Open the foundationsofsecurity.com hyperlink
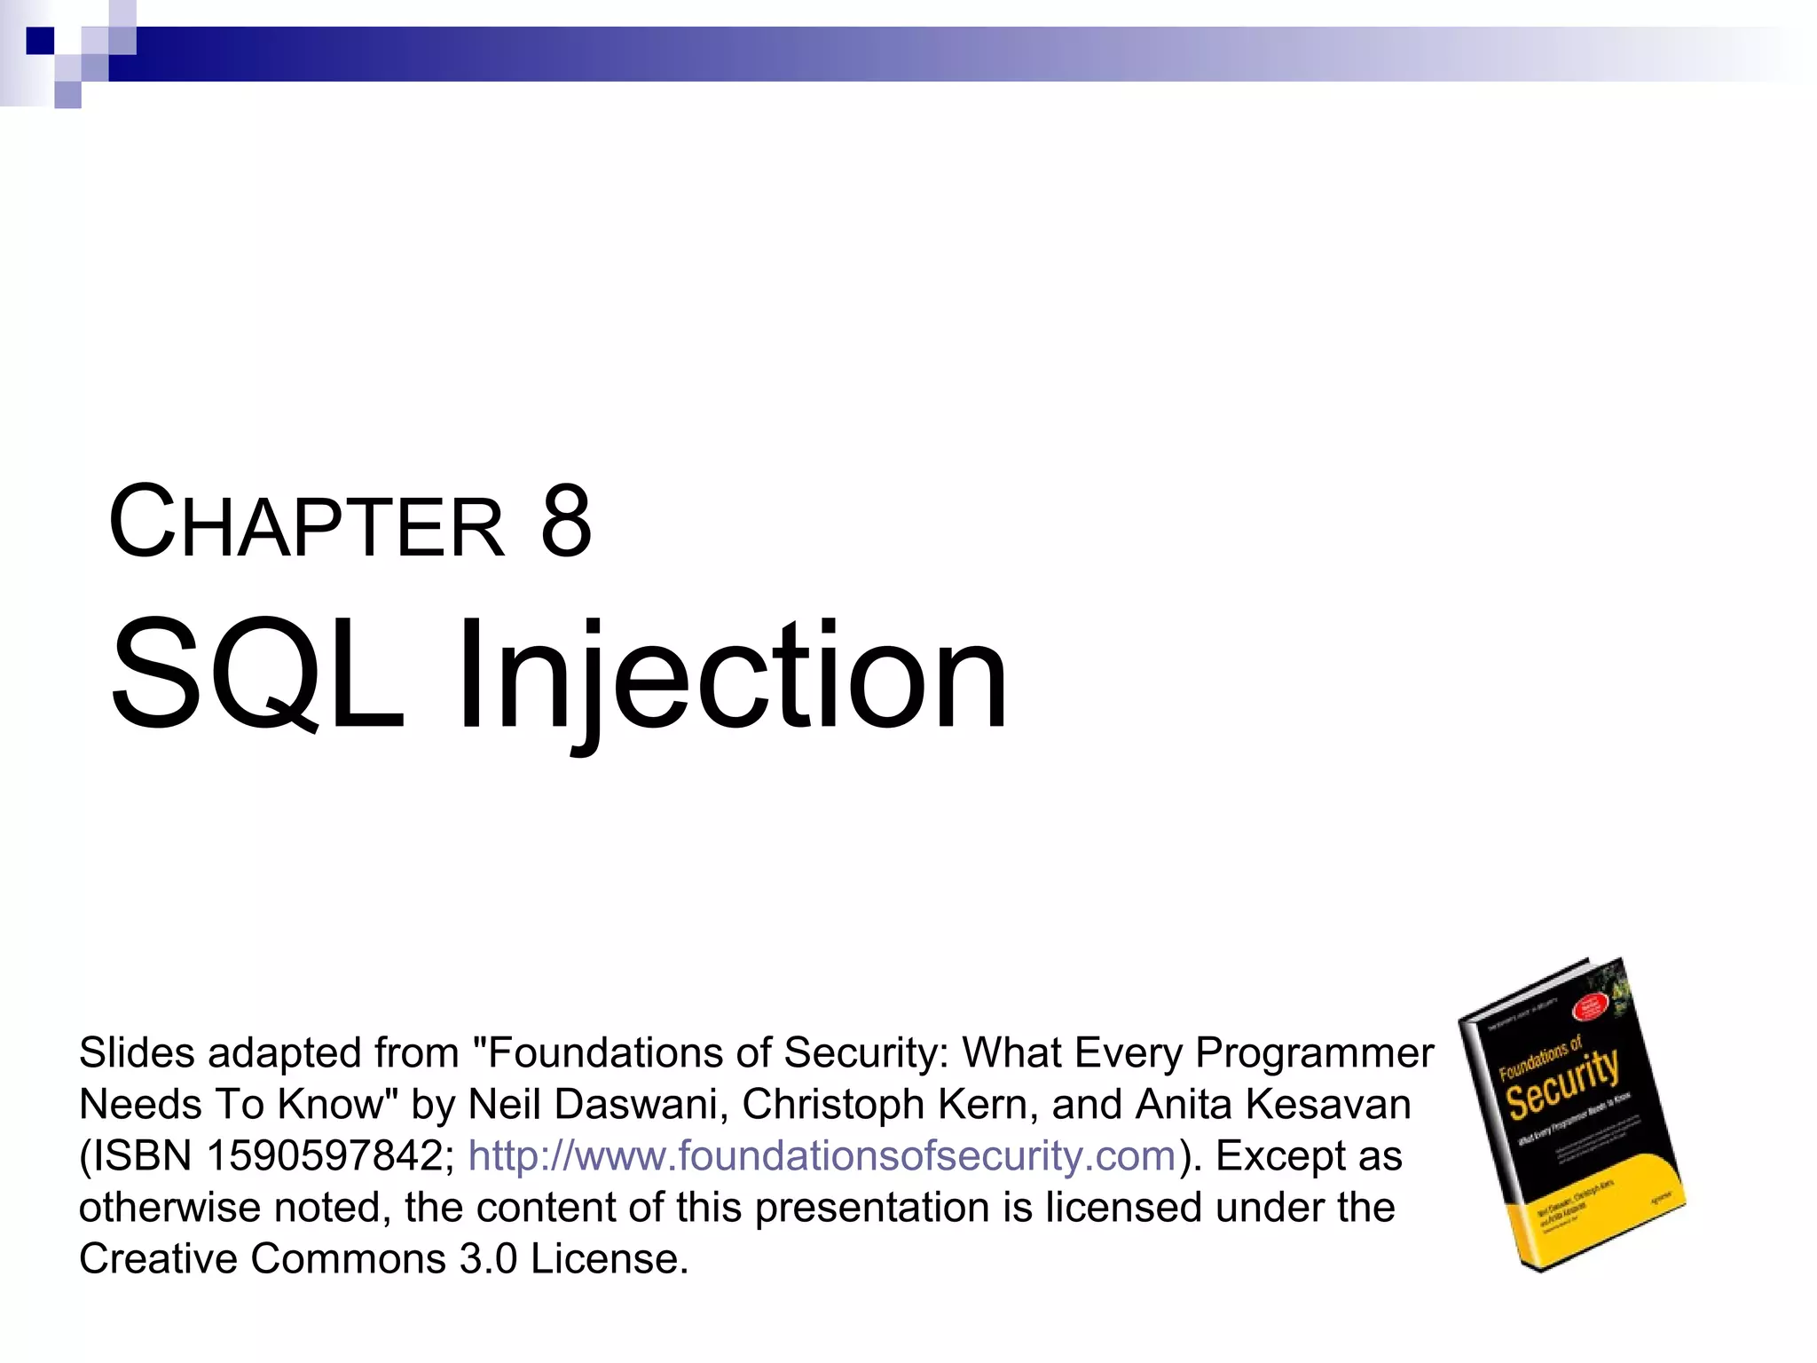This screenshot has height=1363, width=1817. [821, 1155]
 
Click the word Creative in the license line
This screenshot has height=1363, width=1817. [156, 1258]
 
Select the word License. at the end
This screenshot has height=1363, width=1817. [609, 1258]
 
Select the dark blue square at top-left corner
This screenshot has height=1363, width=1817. [40, 41]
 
